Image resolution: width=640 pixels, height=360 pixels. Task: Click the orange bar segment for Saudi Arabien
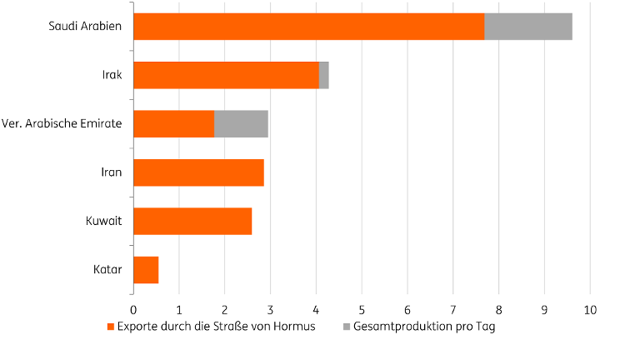[x=308, y=27]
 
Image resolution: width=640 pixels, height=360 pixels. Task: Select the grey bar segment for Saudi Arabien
[x=528, y=27]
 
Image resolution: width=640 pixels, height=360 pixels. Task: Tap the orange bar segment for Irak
[x=226, y=75]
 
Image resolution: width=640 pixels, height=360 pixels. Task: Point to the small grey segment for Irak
[x=324, y=75]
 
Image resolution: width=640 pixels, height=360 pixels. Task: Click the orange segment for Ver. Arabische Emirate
[x=173, y=124]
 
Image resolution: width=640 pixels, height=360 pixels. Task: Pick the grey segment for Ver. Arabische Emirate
[x=241, y=124]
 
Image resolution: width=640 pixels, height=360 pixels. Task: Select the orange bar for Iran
[x=198, y=172]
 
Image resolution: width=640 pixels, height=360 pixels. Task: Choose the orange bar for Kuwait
[x=192, y=221]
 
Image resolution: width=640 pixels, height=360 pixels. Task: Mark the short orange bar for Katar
[x=146, y=270]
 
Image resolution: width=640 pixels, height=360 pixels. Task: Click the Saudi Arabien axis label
[x=85, y=27]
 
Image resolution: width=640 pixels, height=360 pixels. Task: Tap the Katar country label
[x=108, y=270]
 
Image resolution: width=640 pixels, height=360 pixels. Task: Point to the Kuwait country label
[x=105, y=221]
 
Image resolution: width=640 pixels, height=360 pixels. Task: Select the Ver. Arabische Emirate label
[x=62, y=124]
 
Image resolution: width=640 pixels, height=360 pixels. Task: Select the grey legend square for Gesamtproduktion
[x=346, y=327]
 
